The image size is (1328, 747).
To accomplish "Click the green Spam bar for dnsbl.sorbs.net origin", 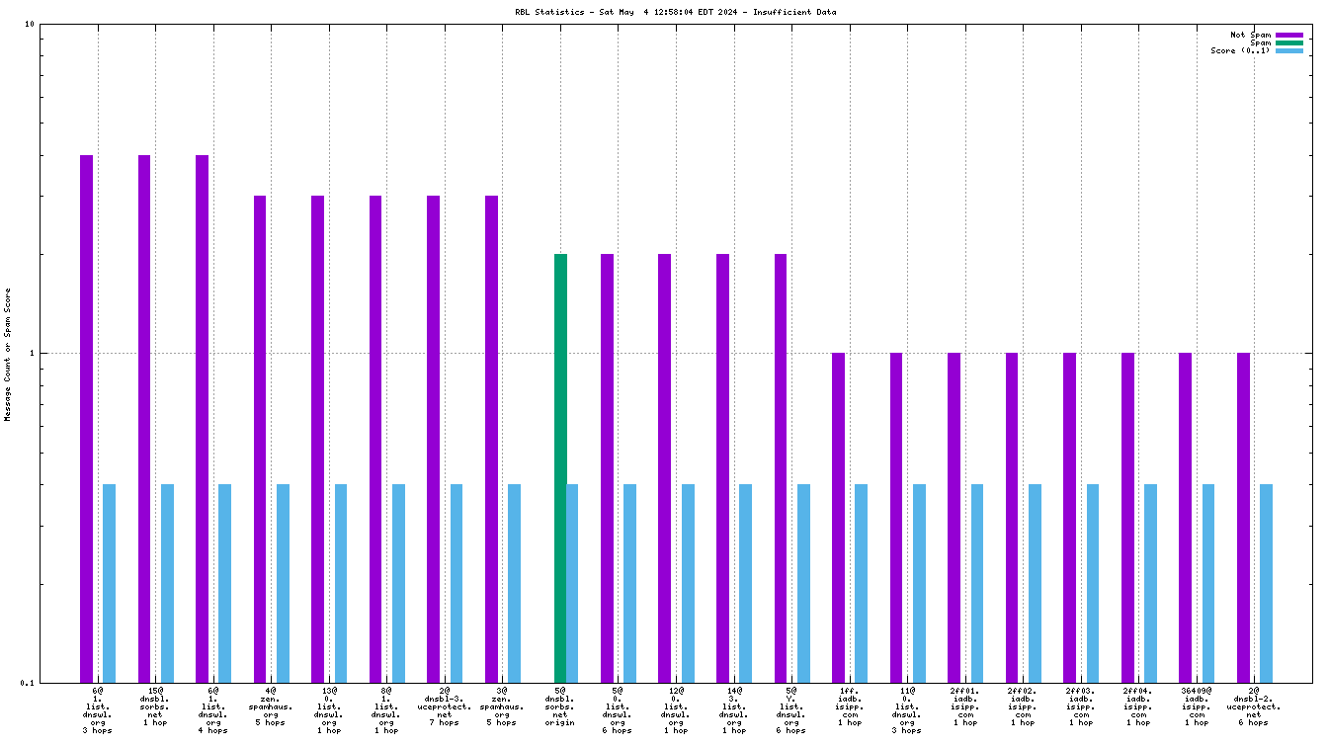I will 560,467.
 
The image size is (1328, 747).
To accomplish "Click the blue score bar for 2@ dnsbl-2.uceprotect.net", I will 1266,583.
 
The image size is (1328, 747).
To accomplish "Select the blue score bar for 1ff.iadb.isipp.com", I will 861,583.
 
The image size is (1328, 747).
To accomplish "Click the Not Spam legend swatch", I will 1289,35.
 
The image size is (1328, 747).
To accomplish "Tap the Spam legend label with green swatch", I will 1261,42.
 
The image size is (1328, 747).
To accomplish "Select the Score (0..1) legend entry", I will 1241,50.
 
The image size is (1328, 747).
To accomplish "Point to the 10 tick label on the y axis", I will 29,24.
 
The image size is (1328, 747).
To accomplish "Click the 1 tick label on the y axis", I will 32,353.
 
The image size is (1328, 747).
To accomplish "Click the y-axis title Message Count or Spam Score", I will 8,354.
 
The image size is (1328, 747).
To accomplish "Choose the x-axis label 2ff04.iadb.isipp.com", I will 1138,706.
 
